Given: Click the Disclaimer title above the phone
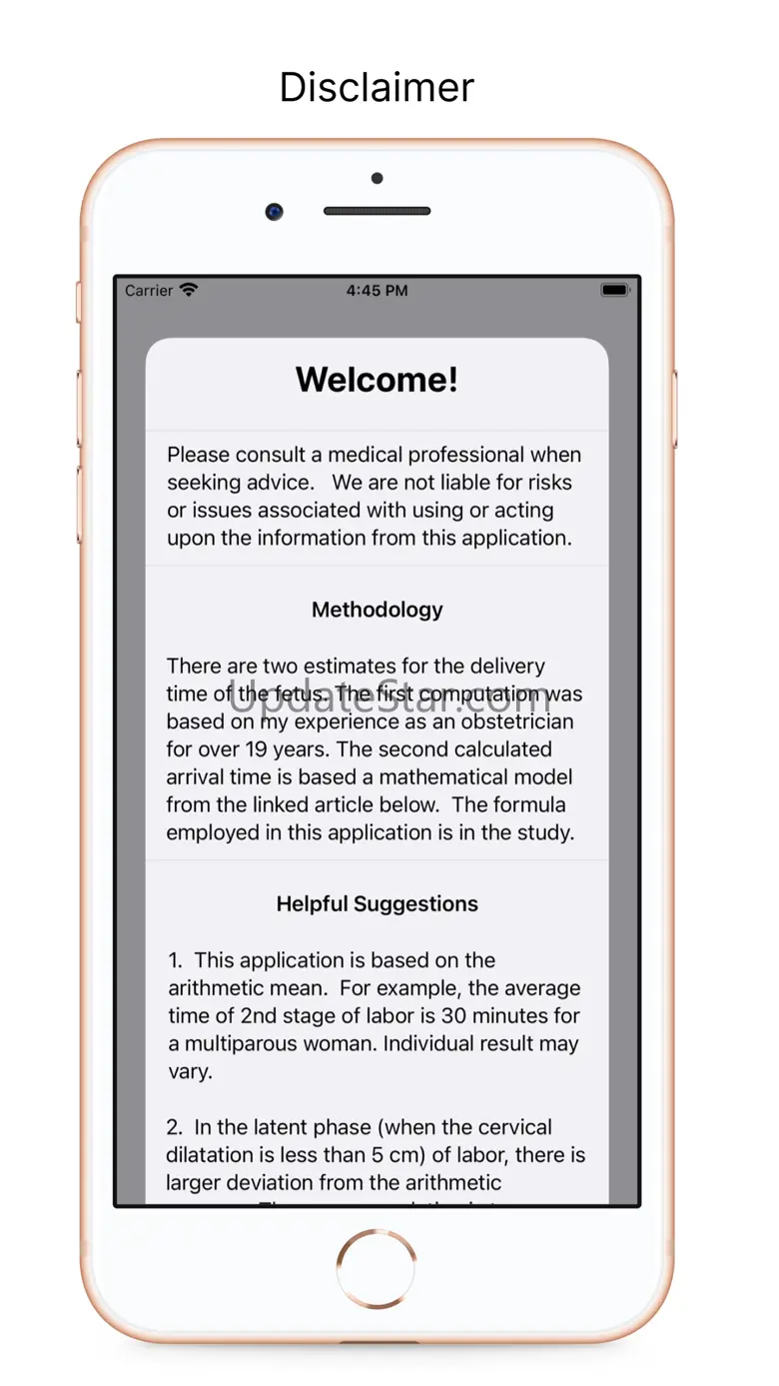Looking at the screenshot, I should tap(377, 88).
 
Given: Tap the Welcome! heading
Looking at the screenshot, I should tap(377, 380).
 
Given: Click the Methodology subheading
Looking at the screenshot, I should tap(377, 610).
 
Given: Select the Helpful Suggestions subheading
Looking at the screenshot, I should tap(377, 904).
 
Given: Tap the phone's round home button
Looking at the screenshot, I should tap(377, 1268).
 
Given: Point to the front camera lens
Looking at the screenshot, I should tap(274, 212).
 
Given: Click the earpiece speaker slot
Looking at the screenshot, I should tap(377, 212).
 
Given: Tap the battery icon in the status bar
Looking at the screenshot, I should tap(614, 291).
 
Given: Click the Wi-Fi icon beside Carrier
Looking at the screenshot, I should tap(189, 290).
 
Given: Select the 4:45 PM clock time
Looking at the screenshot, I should tap(377, 291).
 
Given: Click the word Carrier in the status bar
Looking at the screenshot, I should tap(149, 291).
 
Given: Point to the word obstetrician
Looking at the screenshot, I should tap(517, 721).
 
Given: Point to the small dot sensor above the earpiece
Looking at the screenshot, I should tap(377, 179).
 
